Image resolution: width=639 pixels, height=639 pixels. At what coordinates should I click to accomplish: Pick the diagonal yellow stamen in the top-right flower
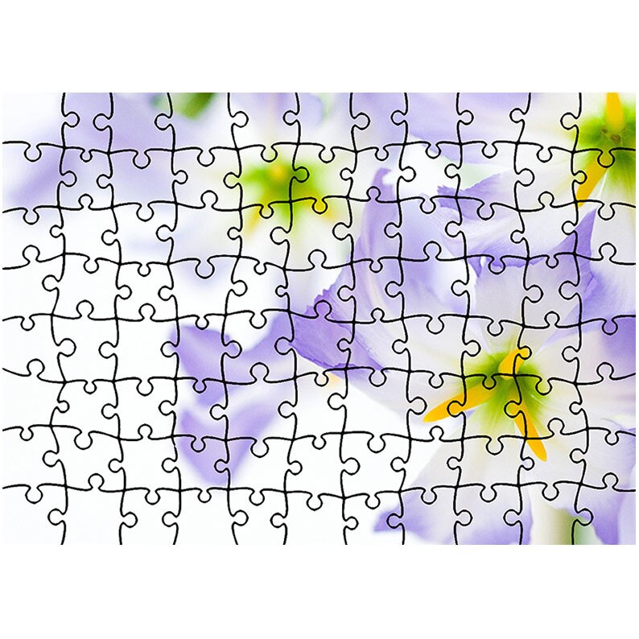591,181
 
